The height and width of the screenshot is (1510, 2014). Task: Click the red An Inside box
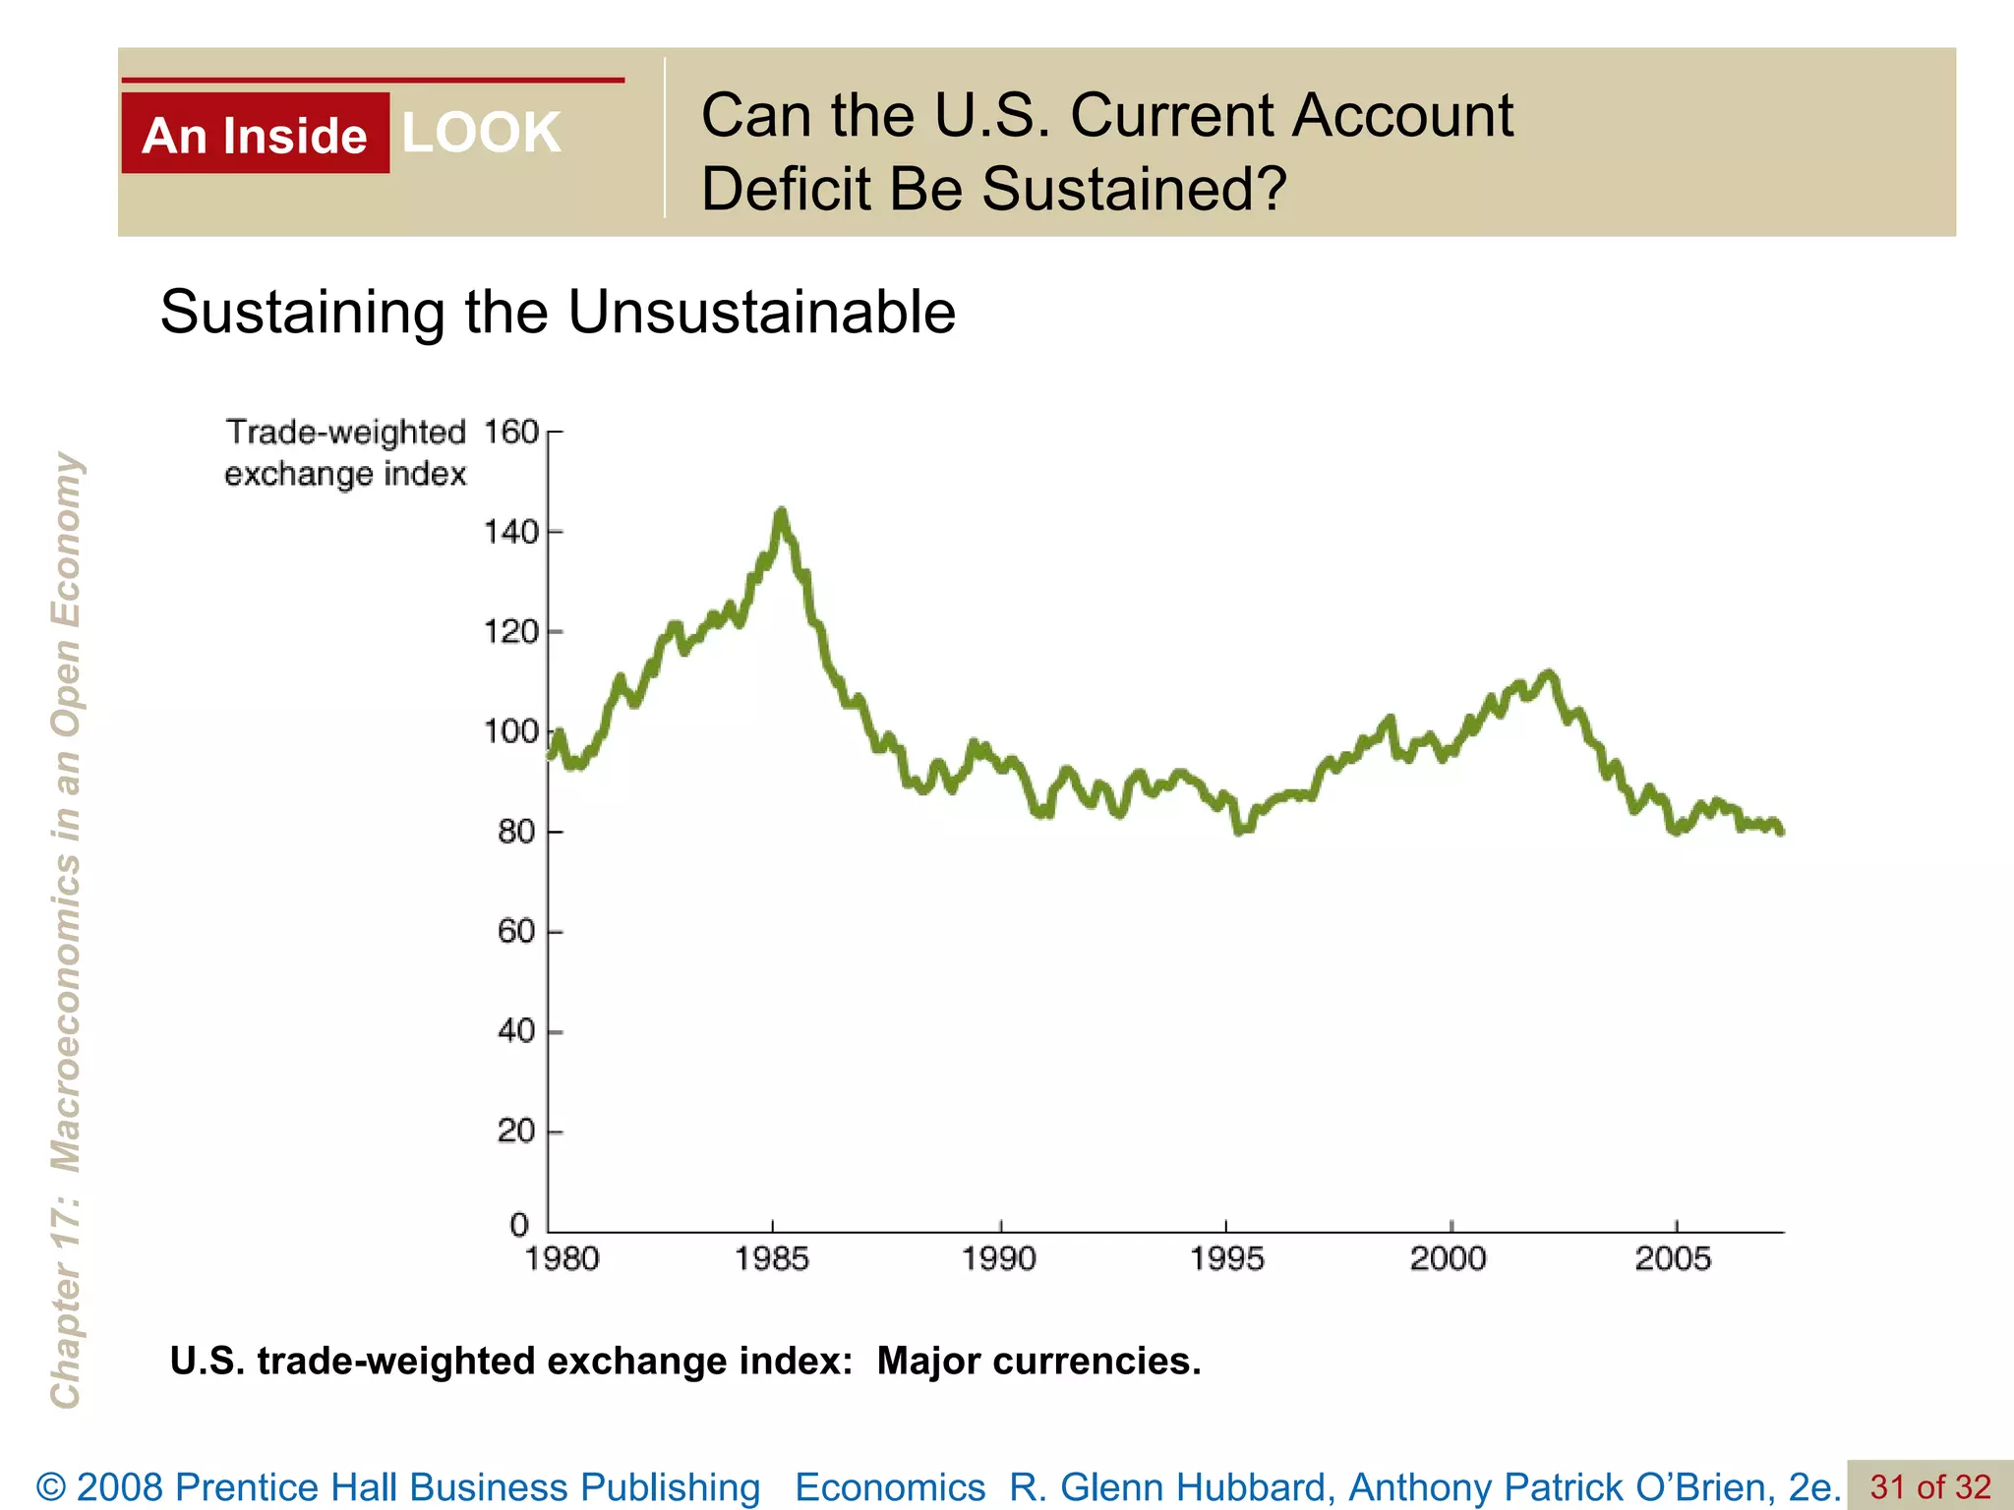click(255, 134)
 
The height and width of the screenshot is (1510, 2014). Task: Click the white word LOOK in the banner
click(481, 133)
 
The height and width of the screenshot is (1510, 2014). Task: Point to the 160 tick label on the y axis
click(510, 432)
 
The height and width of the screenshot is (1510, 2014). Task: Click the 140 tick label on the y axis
click(510, 532)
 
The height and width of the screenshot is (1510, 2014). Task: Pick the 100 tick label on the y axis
click(510, 731)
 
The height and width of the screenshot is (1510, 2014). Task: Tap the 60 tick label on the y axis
click(516, 931)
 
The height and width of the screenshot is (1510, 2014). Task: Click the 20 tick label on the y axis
click(516, 1131)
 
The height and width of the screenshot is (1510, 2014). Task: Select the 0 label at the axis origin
click(519, 1225)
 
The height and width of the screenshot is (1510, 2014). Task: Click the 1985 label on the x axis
click(772, 1258)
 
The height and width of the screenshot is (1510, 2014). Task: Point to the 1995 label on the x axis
click(1226, 1258)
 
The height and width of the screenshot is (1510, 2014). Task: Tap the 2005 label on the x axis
click(1673, 1258)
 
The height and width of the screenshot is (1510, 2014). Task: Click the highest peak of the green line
click(781, 512)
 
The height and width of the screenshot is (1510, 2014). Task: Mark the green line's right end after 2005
click(1781, 831)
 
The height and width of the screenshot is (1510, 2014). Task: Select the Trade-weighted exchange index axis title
click(345, 453)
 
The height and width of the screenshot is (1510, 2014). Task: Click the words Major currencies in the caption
click(1038, 1362)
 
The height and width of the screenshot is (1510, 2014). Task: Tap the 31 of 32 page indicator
click(1929, 1486)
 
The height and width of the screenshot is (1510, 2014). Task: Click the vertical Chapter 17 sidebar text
click(66, 929)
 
